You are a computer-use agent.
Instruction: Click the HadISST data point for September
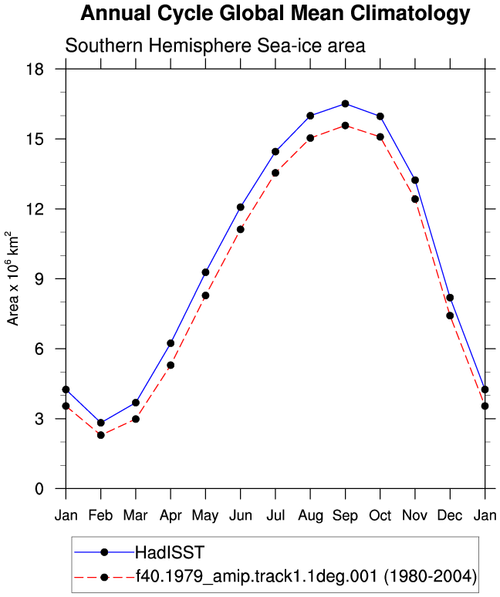click(x=345, y=103)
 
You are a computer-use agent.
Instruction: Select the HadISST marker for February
click(x=100, y=423)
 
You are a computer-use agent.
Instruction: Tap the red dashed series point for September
click(x=345, y=125)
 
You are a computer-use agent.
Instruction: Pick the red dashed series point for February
click(x=100, y=435)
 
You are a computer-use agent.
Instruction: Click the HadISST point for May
click(x=205, y=272)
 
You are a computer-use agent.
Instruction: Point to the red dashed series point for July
click(x=275, y=173)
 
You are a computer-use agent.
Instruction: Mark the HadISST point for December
click(x=450, y=298)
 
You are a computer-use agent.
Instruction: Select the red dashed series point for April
click(x=171, y=365)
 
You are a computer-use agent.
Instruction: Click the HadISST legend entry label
click(x=170, y=552)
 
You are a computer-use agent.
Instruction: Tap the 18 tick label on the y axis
click(x=35, y=69)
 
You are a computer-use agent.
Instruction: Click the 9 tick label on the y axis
click(x=39, y=278)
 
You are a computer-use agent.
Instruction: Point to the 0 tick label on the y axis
click(x=39, y=488)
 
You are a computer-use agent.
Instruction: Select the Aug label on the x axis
click(x=310, y=516)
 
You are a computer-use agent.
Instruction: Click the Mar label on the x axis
click(x=136, y=515)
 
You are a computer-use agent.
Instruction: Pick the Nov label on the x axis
click(x=414, y=515)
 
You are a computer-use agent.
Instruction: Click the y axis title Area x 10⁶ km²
click(x=12, y=278)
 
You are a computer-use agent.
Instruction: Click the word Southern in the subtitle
click(x=104, y=46)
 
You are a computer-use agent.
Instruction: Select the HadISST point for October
click(x=380, y=116)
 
